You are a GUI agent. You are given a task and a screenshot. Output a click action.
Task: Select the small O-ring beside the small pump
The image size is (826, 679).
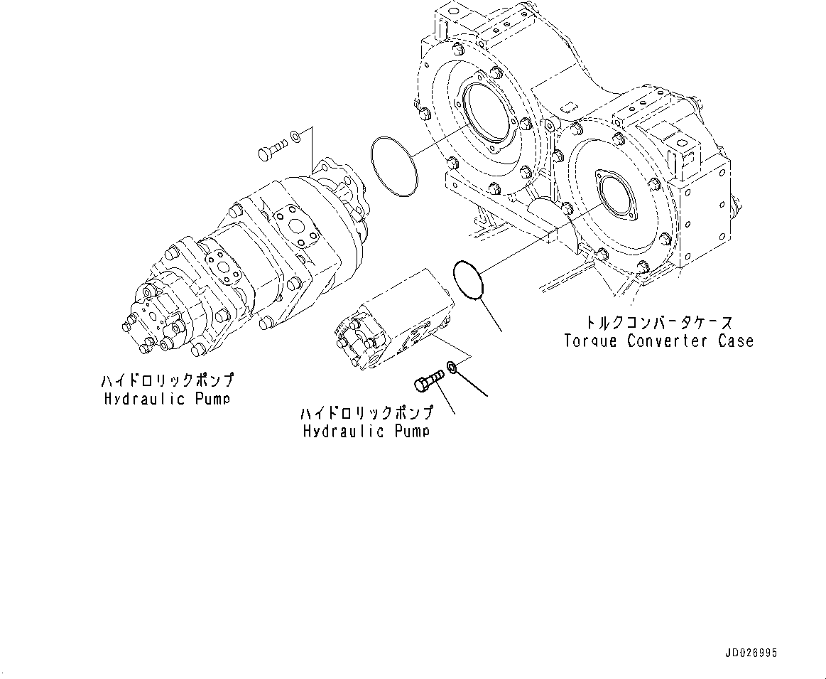point(467,280)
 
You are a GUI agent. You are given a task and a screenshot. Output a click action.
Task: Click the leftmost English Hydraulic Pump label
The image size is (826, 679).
point(166,399)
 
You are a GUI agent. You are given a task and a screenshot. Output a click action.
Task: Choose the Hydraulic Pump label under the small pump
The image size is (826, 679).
point(366,432)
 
